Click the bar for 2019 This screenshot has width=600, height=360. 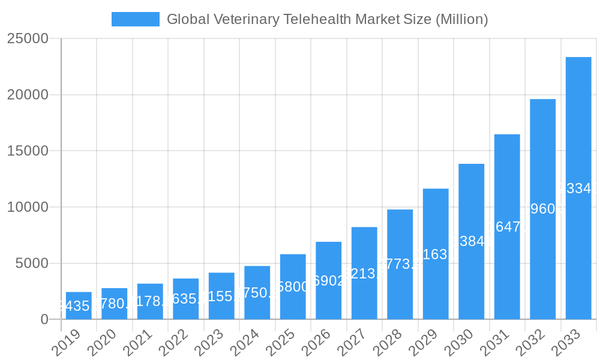(x=79, y=305)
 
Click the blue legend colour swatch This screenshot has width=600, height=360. (x=136, y=19)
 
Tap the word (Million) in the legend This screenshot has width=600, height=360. (x=461, y=19)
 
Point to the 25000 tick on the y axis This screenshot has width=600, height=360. (x=28, y=39)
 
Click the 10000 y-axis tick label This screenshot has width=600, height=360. (x=28, y=207)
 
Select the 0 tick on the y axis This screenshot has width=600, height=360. (x=44, y=320)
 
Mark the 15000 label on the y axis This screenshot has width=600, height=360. (x=28, y=151)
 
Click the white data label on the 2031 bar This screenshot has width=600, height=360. (x=507, y=227)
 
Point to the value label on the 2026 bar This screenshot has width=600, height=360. (x=329, y=281)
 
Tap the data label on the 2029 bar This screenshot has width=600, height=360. (x=436, y=254)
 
